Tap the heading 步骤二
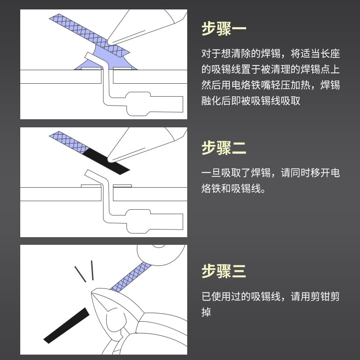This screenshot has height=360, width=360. pyautogui.click(x=224, y=148)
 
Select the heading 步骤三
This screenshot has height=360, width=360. pyautogui.click(x=224, y=271)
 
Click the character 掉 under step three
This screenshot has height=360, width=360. pyautogui.click(x=207, y=312)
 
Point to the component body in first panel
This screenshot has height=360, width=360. pyautogui.click(x=155, y=103)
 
